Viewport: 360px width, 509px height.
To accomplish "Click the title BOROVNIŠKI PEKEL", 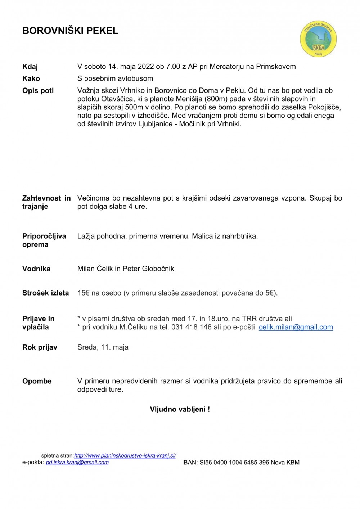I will point(70,31).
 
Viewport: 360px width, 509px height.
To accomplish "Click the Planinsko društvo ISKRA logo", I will point(318,39).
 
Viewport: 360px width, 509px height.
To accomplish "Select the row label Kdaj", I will point(30,67).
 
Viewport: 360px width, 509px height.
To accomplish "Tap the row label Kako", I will point(31,78).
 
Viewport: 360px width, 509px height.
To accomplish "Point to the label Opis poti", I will point(38,90).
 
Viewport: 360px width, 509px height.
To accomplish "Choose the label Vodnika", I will point(36,269).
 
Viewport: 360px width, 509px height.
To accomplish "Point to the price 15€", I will point(84,293).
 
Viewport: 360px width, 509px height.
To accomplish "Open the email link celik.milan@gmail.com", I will point(296,327).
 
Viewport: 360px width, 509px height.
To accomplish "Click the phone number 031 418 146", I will point(192,327).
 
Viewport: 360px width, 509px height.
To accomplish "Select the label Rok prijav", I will point(40,347).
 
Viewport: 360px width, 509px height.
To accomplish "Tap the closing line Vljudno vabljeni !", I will point(180,409).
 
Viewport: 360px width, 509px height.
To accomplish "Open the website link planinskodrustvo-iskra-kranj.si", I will point(125,456).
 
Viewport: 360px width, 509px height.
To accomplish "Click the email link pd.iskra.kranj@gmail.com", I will point(77,463).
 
